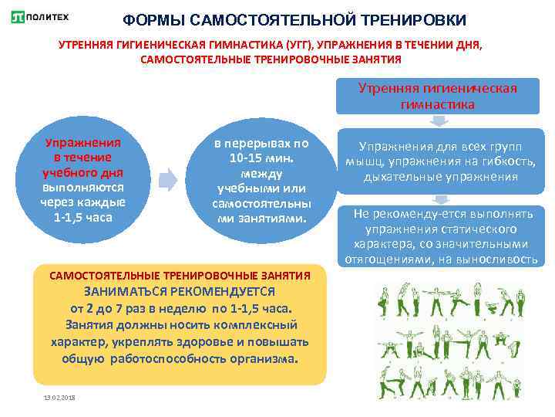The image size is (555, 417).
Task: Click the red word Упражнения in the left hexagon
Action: (x=82, y=143)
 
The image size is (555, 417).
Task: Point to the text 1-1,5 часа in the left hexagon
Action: (x=82, y=217)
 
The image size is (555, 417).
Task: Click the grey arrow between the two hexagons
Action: (x=167, y=181)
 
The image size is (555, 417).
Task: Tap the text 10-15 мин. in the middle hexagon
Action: (x=261, y=158)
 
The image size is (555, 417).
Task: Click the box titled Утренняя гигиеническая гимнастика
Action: (x=437, y=96)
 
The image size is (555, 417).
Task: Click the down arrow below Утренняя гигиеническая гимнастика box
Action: (x=437, y=121)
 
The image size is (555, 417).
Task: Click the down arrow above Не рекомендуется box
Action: (x=437, y=198)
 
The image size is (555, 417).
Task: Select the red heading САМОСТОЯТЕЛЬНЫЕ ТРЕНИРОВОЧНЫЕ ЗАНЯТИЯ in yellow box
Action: (x=180, y=275)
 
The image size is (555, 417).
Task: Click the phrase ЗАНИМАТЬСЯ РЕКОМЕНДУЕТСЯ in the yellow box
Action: (x=180, y=292)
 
